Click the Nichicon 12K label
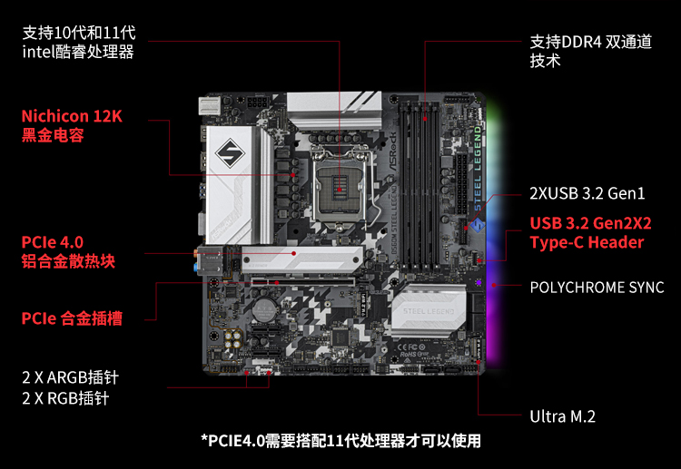(72, 116)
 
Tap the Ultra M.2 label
(562, 416)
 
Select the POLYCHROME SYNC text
(597, 288)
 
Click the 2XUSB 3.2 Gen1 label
(587, 193)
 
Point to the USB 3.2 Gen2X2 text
(591, 223)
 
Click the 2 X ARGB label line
(70, 377)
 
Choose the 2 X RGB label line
(65, 398)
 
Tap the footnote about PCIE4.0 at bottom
(340, 441)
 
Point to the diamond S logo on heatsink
(230, 153)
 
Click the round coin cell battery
(265, 309)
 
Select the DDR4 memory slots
(419, 184)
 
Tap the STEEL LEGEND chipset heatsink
(429, 311)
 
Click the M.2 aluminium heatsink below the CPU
(302, 259)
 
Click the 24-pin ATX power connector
(461, 183)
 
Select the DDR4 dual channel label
(591, 51)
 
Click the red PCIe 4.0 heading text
(52, 242)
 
